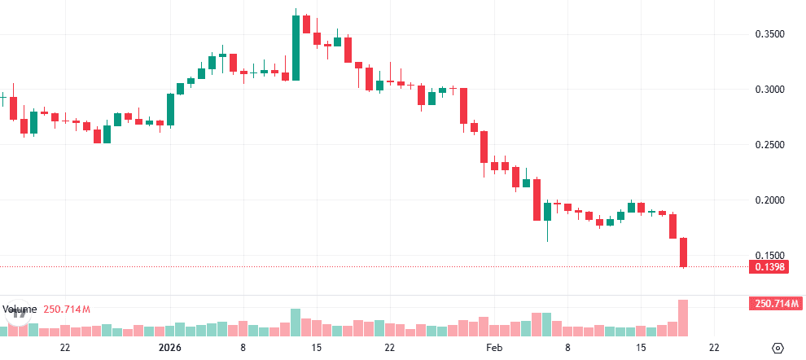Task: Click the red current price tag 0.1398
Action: pyautogui.click(x=770, y=267)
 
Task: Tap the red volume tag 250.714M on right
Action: pyautogui.click(x=773, y=304)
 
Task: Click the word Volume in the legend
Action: pyautogui.click(x=19, y=310)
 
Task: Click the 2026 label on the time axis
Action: pyautogui.click(x=171, y=348)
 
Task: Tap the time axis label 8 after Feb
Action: pyautogui.click(x=567, y=348)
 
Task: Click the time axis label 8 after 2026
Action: pyautogui.click(x=243, y=348)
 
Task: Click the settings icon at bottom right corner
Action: pyautogui.click(x=778, y=348)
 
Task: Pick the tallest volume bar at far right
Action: pyautogui.click(x=684, y=318)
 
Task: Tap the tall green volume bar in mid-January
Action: pyautogui.click(x=296, y=322)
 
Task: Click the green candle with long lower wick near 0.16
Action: pyautogui.click(x=547, y=212)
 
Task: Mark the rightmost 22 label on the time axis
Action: pyautogui.click(x=714, y=348)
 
